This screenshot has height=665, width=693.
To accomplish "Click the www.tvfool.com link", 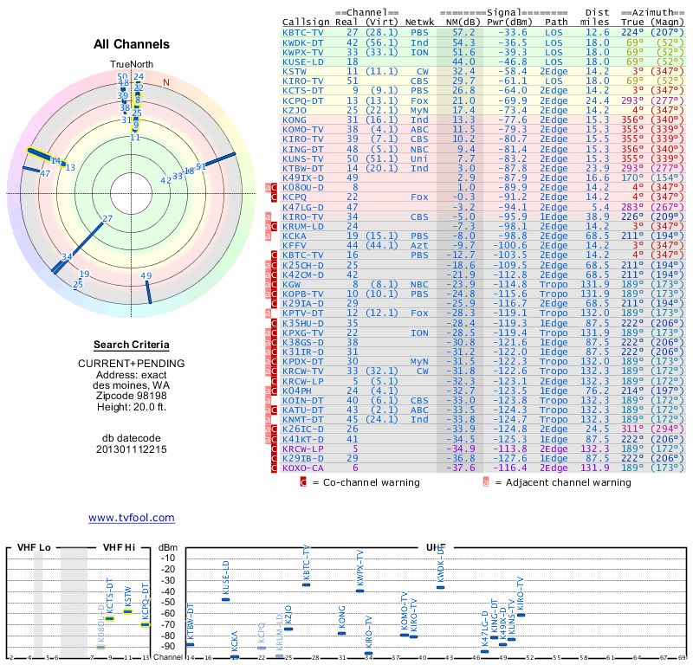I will click(131, 518).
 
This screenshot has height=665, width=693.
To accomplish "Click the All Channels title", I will click(132, 45).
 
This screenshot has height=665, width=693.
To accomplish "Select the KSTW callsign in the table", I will click(295, 71).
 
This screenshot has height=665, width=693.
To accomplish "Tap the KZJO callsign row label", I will click(295, 110).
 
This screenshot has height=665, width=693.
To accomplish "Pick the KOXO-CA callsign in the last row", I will click(301, 468).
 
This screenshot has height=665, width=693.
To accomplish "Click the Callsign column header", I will click(305, 22).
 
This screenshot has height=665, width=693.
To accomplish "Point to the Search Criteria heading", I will click(132, 345).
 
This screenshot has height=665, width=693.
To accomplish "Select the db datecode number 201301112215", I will click(132, 449).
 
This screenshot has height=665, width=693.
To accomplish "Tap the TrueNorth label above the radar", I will click(132, 65).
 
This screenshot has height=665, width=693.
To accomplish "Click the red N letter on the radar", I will click(166, 83).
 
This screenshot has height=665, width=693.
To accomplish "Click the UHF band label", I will click(436, 548).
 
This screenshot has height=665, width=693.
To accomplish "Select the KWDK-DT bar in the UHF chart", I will click(440, 587).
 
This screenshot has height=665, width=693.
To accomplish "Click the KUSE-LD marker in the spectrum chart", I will click(226, 598).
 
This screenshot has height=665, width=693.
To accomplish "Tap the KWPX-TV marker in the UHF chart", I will click(359, 591).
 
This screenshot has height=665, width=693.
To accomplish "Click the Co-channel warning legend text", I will click(366, 482).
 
